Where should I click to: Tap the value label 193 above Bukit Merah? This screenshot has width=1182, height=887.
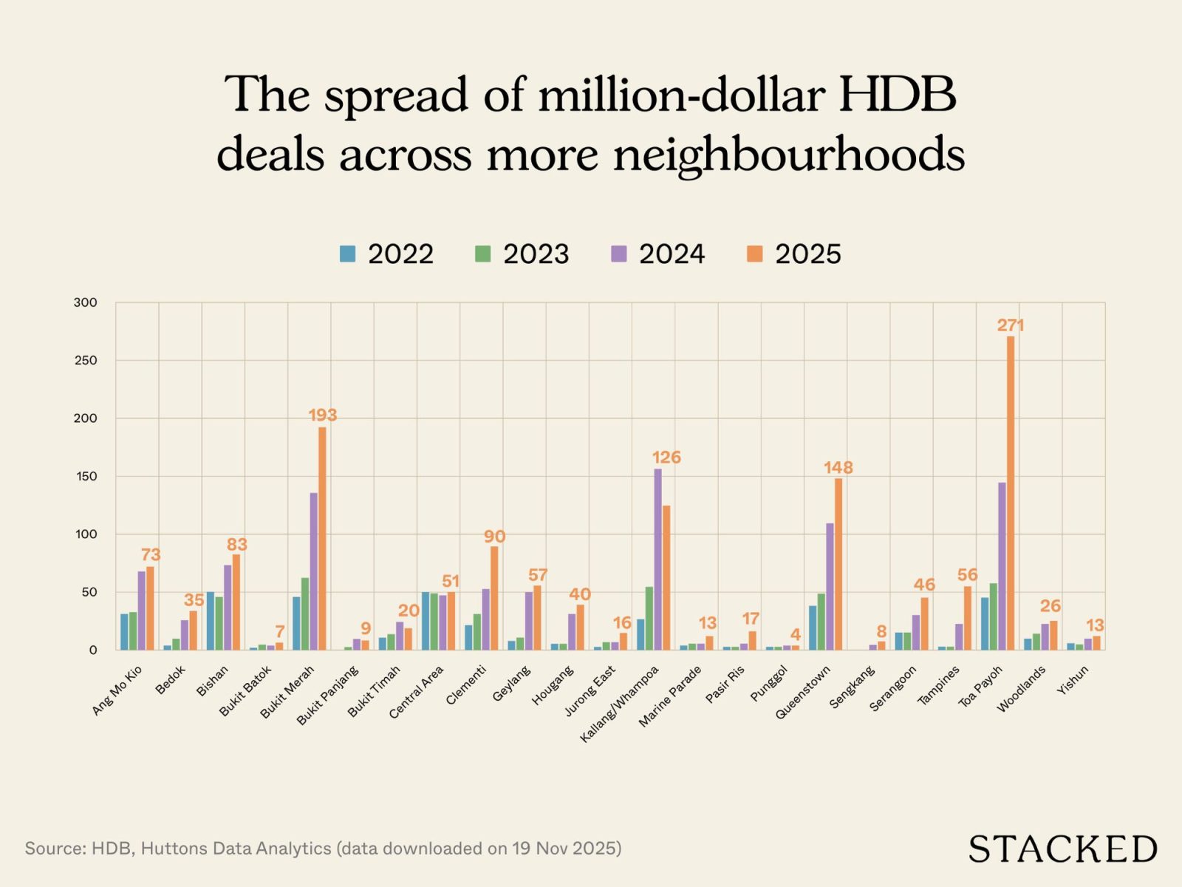click(323, 415)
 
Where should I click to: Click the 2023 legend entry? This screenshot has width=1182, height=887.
click(522, 254)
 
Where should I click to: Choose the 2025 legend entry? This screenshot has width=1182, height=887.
click(793, 254)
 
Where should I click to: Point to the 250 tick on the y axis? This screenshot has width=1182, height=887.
click(85, 361)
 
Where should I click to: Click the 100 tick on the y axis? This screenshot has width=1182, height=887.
click(85, 534)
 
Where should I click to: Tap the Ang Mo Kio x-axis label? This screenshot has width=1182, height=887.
click(117, 690)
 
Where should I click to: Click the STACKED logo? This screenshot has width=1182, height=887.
click(1062, 849)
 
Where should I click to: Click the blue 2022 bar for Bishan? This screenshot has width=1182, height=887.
click(211, 621)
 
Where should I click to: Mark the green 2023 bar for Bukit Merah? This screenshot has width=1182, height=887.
click(305, 614)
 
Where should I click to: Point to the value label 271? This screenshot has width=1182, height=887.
click(1011, 325)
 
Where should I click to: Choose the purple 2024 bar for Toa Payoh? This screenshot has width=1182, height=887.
click(1002, 566)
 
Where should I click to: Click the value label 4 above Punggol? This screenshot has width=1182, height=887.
click(796, 635)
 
